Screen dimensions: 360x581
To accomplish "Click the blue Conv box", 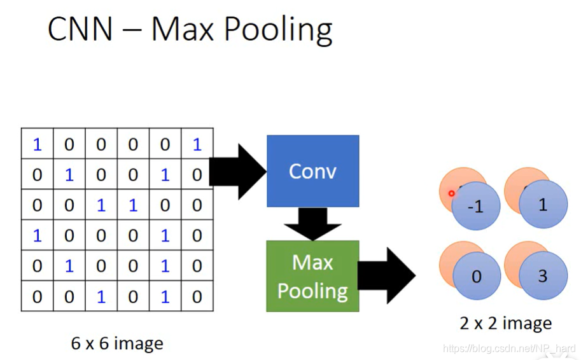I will tap(312, 171).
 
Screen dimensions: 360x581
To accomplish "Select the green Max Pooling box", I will tap(312, 276).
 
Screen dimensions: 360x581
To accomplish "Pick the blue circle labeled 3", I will tap(543, 276).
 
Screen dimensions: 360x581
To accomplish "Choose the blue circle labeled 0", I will tap(477, 277).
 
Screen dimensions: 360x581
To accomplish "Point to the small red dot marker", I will tap(451, 193).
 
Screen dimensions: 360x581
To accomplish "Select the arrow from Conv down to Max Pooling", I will tap(312, 223).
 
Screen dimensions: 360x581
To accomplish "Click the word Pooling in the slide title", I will tap(284, 30).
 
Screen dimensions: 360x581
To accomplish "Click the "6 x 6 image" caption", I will tap(117, 344).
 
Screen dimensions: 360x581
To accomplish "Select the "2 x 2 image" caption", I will tap(506, 323).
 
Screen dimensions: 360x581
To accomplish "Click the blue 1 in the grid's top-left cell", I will tap(37, 144).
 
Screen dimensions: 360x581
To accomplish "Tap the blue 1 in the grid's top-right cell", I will tap(197, 144).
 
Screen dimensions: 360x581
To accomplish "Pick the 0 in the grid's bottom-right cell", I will tap(197, 296).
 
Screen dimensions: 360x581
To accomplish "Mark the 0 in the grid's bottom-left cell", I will tap(37, 296).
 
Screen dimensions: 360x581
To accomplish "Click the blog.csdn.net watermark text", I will tap(508, 349).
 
